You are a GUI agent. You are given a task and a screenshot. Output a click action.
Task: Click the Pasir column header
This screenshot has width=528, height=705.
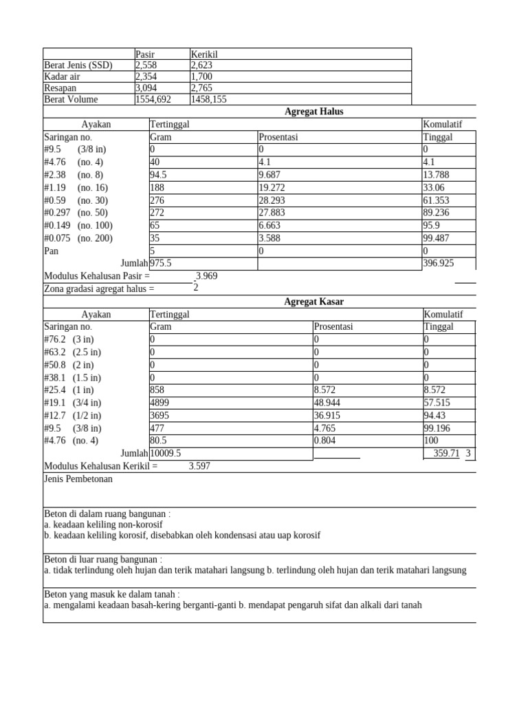tap(145, 54)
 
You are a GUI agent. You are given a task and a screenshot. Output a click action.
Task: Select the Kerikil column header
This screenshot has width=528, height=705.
tap(204, 54)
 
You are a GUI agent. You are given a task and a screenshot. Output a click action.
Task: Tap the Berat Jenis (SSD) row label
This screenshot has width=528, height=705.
tap(78, 65)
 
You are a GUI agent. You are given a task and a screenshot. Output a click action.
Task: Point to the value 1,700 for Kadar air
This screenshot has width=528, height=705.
tap(202, 76)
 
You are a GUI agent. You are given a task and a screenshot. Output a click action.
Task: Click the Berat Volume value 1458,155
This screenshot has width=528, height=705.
tap(209, 99)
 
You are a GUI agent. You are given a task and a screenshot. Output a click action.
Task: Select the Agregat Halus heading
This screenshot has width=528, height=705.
tap(313, 112)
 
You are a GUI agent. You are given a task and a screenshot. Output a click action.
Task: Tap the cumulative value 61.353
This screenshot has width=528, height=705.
tap(437, 200)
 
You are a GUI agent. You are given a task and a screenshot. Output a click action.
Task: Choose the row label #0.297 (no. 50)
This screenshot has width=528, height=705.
tap(78, 213)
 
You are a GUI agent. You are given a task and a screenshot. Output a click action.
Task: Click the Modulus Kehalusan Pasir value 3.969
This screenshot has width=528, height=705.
tap(206, 276)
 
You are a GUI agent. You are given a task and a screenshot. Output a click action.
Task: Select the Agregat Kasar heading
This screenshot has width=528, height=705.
tap(313, 302)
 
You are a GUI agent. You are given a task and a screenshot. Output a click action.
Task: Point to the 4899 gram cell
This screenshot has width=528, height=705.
tap(159, 402)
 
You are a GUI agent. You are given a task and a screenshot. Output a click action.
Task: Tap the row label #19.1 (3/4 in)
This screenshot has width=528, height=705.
tap(72, 402)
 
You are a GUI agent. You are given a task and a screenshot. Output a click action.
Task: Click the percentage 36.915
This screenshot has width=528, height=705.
tap(327, 415)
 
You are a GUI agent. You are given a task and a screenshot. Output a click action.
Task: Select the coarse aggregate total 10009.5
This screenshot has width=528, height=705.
tap(166, 453)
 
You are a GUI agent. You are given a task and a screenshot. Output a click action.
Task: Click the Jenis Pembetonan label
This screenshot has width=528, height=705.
tap(78, 479)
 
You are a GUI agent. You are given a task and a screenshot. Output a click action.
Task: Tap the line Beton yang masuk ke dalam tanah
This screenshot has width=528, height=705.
tap(111, 594)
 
